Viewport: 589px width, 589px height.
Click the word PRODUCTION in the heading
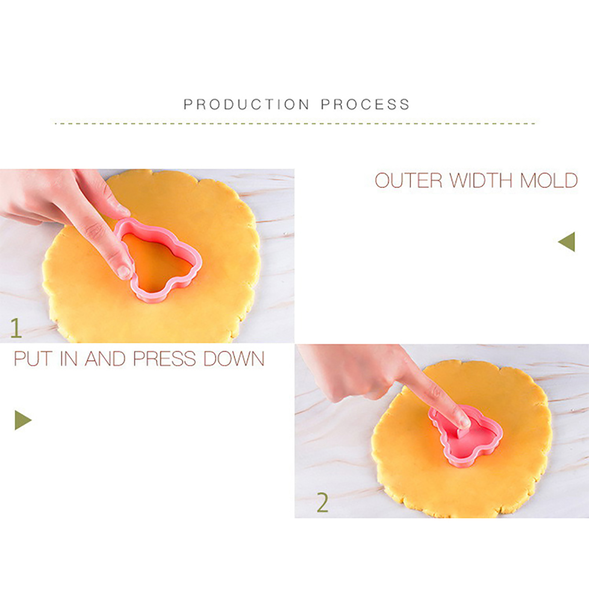(247, 105)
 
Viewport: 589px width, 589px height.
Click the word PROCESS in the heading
(365, 105)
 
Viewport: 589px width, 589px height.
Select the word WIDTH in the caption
(481, 180)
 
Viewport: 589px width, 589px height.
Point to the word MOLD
(548, 180)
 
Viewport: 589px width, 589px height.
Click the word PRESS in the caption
(165, 359)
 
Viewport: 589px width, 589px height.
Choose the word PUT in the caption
(33, 359)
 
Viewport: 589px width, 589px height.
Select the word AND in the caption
(105, 359)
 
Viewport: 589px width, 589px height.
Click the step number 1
(16, 328)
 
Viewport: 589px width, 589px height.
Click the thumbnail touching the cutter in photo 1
(124, 272)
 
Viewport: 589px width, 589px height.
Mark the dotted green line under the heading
(294, 123)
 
